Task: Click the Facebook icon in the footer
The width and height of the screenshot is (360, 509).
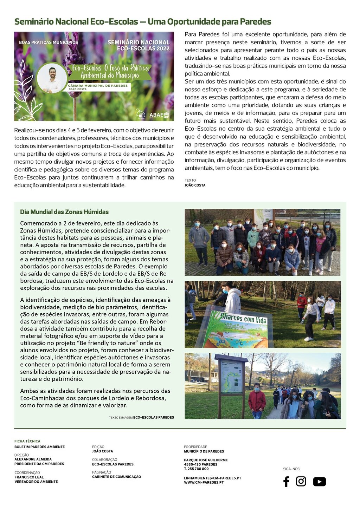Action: [286, 482]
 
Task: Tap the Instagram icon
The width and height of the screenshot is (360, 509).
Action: [301, 481]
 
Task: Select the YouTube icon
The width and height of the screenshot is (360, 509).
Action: [319, 482]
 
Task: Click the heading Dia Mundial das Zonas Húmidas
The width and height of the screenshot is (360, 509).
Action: [64, 212]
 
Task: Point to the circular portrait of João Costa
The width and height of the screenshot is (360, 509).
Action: [52, 79]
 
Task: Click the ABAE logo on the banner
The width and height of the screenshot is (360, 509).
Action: [159, 115]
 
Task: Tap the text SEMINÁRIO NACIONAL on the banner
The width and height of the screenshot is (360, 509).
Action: [139, 42]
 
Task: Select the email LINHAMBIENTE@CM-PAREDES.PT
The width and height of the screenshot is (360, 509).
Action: [212, 478]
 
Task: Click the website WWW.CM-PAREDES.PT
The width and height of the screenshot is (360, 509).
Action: [204, 483]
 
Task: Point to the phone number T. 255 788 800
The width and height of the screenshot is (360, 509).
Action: [196, 469]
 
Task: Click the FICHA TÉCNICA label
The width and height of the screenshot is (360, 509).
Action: [27, 441]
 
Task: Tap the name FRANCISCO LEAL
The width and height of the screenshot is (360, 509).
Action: [29, 477]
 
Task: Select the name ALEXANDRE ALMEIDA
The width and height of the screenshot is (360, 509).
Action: [33, 459]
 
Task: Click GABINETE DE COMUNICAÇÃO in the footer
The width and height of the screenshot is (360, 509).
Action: [116, 477]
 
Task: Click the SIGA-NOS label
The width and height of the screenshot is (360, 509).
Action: [291, 469]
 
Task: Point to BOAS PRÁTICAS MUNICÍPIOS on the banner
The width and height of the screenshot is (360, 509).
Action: [49, 42]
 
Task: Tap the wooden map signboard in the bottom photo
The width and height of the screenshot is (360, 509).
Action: [231, 376]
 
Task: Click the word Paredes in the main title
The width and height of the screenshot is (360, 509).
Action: [255, 22]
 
